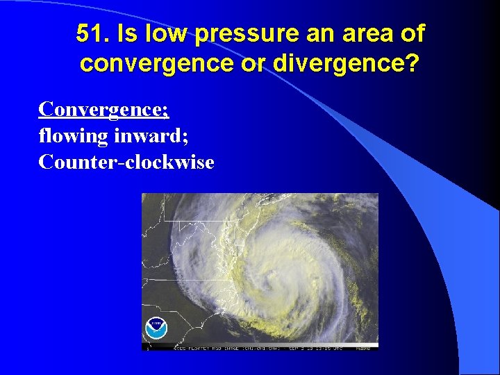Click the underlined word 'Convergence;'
tap(104, 110)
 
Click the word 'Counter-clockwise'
tap(126, 162)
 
